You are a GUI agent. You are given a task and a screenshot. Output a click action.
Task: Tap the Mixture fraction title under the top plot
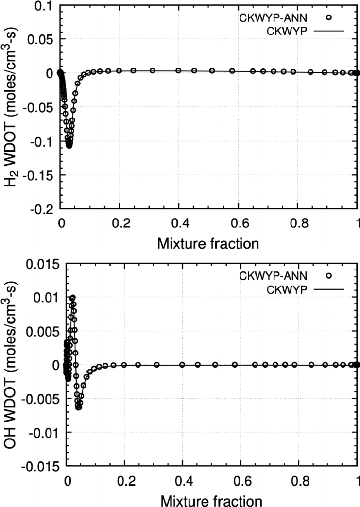click(208, 243)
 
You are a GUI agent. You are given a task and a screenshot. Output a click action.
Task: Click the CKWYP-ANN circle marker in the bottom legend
click(329, 275)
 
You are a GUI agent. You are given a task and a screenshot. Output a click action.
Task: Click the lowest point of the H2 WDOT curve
click(69, 145)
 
